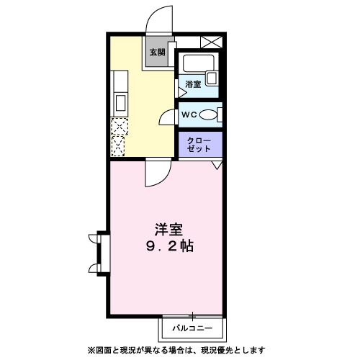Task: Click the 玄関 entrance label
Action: tap(157, 52)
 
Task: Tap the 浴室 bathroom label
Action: tap(192, 85)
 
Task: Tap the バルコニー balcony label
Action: tap(192, 329)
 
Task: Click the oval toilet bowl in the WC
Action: tap(210, 114)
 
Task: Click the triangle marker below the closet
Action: tap(215, 166)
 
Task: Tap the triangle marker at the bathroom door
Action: tap(180, 92)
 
